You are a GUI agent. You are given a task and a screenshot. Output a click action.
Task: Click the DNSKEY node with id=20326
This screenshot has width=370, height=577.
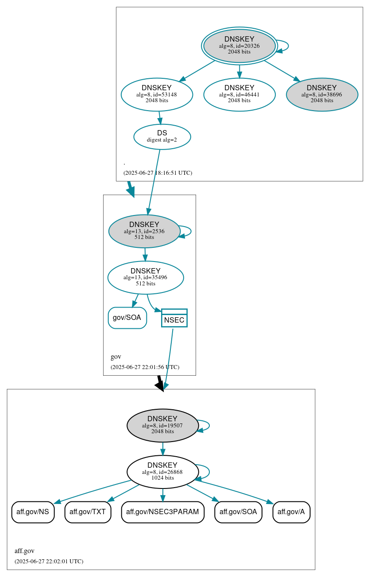click(x=239, y=46)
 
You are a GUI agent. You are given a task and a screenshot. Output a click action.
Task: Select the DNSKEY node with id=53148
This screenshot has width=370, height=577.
click(x=157, y=94)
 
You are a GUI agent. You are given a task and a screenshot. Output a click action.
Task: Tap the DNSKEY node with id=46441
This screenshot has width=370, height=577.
click(x=239, y=94)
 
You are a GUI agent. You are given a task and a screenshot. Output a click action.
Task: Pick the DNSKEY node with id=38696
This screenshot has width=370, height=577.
click(x=322, y=94)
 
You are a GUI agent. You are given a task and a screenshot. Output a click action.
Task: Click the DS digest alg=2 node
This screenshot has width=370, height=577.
click(x=162, y=137)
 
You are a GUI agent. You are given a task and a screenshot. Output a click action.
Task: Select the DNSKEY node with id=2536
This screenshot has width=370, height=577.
click(x=144, y=231)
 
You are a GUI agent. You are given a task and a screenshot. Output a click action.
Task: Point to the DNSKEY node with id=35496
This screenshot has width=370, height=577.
click(x=146, y=277)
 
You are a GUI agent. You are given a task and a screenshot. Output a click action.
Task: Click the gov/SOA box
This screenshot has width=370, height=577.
click(x=127, y=318)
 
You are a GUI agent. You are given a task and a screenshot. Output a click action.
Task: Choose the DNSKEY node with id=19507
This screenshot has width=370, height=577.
click(x=162, y=425)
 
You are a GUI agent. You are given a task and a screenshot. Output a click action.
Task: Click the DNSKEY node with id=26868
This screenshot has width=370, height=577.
click(x=162, y=472)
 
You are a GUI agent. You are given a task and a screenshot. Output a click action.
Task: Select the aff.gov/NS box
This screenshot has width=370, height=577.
click(x=33, y=512)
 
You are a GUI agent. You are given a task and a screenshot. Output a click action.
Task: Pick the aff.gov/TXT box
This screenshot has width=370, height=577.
click(x=88, y=512)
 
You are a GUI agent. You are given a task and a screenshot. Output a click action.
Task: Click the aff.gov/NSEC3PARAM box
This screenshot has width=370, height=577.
click(x=163, y=512)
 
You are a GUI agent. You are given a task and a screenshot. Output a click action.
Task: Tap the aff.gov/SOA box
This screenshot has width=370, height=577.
click(x=238, y=512)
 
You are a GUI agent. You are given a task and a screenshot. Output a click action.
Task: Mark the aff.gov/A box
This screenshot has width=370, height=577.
click(x=291, y=512)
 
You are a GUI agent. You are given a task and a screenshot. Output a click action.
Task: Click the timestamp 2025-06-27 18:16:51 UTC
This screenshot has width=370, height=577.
click(x=158, y=173)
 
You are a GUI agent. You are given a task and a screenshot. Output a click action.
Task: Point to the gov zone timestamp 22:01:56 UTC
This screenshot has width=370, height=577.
click(x=145, y=367)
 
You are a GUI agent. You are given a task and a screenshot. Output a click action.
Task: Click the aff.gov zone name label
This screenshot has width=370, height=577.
click(x=24, y=551)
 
